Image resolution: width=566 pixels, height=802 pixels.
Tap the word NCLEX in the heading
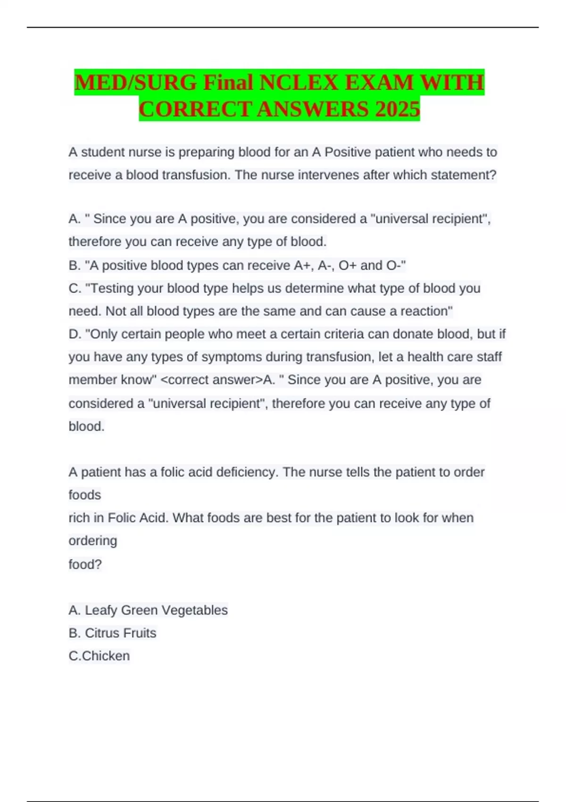(299, 83)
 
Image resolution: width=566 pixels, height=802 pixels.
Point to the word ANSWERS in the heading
(313, 109)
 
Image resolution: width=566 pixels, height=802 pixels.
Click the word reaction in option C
(426, 311)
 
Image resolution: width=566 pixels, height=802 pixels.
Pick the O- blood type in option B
(395, 266)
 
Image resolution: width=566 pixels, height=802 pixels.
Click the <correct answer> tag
(211, 380)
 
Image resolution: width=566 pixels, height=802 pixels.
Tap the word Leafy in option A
(100, 610)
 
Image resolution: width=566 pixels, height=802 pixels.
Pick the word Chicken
(106, 656)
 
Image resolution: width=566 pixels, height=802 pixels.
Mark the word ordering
(93, 541)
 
